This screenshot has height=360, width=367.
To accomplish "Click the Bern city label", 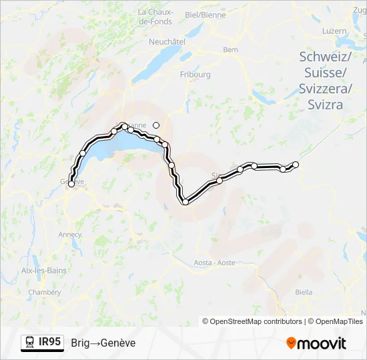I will tap(231, 49).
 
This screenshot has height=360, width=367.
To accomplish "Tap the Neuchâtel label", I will tap(167, 41).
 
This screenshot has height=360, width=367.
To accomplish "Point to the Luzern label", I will tap(334, 31).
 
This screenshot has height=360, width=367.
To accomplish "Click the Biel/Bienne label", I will tap(205, 14).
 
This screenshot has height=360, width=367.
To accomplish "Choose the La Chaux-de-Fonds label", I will tap(155, 17).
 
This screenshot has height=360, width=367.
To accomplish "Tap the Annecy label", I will tap(70, 234).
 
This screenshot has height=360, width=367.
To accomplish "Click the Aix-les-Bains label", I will tap(42, 270).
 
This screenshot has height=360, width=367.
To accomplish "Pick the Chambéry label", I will tap(45, 292).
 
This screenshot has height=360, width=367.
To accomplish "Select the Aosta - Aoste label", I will tap(215, 263).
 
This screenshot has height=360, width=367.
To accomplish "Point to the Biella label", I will tap(304, 292).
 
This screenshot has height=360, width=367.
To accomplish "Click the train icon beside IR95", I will tap(30, 343).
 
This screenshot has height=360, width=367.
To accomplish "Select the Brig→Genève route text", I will tap(103, 343).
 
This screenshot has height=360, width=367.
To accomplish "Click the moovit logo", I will tap(316, 343).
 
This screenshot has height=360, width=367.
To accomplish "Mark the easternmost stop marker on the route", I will tap(296, 164).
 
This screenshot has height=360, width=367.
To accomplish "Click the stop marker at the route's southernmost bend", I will tap(185, 202).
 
